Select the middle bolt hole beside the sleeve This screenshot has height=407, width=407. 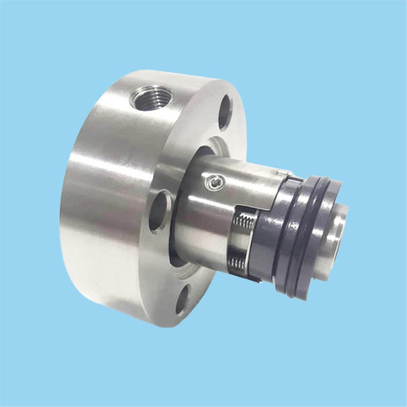160,210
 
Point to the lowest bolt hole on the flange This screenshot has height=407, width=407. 183,300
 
